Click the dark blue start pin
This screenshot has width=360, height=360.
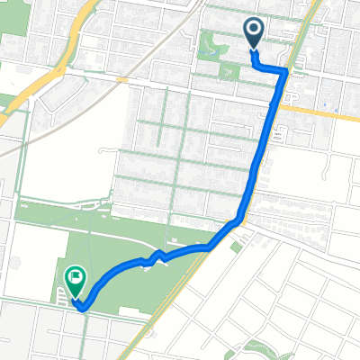click(254, 32)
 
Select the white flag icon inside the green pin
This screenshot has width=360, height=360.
click(76, 278)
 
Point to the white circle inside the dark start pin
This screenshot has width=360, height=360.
click(254, 29)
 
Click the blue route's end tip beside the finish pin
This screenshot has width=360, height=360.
click(82, 308)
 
